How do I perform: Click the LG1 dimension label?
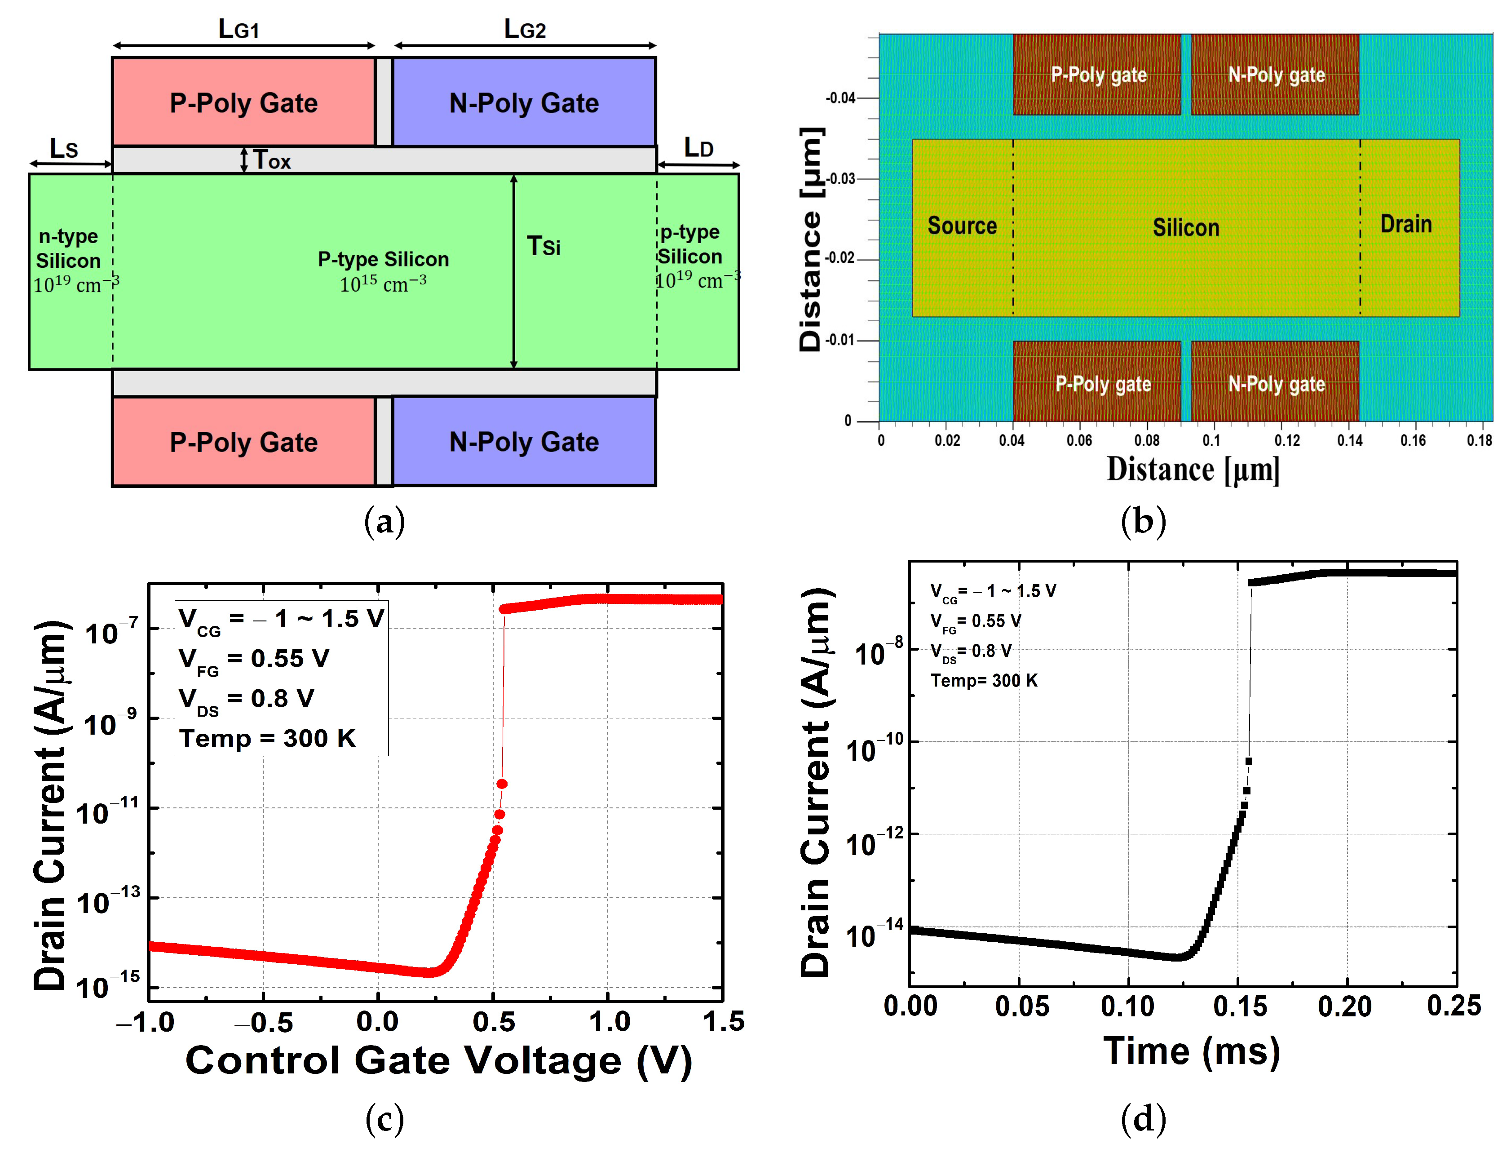[x=238, y=29]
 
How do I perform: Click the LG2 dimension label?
[x=525, y=29]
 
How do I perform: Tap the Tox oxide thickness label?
[x=272, y=160]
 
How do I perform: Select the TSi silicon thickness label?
[x=543, y=246]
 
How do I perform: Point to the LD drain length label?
[x=698, y=146]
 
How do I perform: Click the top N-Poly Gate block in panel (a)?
[x=524, y=102]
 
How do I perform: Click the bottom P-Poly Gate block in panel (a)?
[x=244, y=442]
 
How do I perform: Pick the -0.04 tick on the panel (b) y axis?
[x=840, y=98]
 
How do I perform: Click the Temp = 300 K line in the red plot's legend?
[x=267, y=738]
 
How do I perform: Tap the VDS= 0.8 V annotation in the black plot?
[x=971, y=651]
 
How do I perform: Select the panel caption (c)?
[x=384, y=1119]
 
